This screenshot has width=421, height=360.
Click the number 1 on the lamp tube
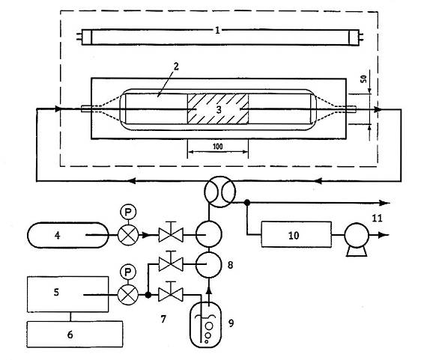217,31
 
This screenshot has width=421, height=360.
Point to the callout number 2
176,67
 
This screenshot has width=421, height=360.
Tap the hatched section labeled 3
218,109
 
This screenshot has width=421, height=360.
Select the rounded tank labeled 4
68,235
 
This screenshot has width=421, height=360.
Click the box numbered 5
68,294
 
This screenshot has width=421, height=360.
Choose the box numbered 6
75,334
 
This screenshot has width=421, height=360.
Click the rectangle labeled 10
296,234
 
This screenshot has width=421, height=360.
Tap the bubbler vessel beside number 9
206,325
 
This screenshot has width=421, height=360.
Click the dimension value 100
218,147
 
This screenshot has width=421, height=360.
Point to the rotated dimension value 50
363,79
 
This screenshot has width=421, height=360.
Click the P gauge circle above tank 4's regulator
128,213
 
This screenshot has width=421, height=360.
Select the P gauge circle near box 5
128,272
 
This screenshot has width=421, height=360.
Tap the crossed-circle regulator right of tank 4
128,235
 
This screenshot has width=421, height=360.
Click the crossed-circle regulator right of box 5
128,295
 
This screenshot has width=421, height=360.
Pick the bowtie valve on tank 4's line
171,234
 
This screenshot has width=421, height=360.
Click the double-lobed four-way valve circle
220,192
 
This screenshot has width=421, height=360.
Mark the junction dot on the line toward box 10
247,203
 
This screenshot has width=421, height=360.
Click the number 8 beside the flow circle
230,265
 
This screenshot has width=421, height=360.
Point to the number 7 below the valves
163,319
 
